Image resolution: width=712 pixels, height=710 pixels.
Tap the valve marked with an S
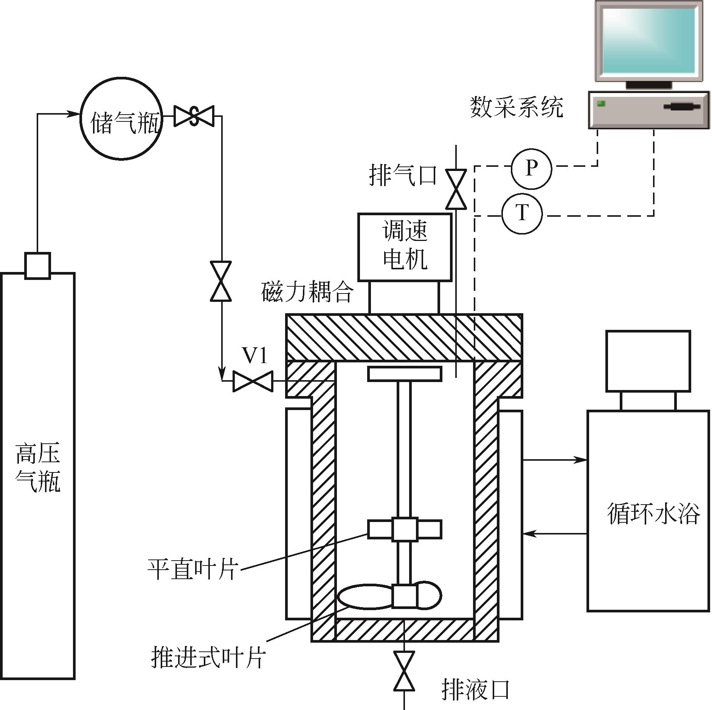pyautogui.click(x=194, y=116)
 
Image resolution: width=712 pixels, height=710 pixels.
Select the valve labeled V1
pyautogui.click(x=253, y=381)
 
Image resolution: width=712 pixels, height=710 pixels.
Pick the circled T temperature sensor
pyautogui.click(x=522, y=214)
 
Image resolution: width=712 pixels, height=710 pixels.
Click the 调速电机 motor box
pyautogui.click(x=405, y=247)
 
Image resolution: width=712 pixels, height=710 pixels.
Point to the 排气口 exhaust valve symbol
pyautogui.click(x=456, y=189)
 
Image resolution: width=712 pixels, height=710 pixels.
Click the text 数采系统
pyautogui.click(x=517, y=107)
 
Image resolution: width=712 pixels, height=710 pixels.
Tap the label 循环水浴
pyautogui.click(x=653, y=513)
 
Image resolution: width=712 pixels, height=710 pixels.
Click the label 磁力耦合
pyautogui.click(x=307, y=292)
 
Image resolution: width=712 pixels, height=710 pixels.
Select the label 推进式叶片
pyautogui.click(x=208, y=657)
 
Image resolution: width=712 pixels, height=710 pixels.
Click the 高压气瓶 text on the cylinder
pyautogui.click(x=38, y=468)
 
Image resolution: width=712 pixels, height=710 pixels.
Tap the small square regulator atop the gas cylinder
pyautogui.click(x=37, y=266)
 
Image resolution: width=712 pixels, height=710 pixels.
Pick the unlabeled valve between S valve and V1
pyautogui.click(x=221, y=281)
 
